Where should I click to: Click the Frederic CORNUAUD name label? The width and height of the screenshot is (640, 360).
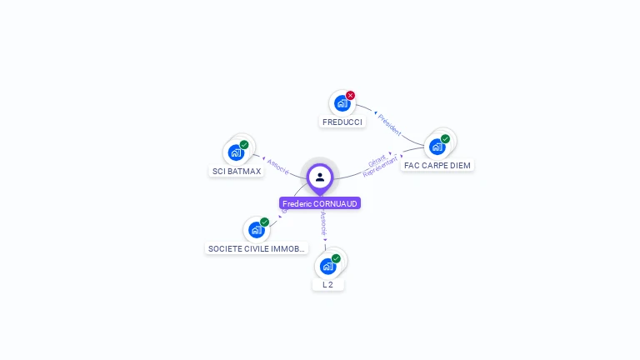[320, 203]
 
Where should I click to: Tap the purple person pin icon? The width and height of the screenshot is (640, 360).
[320, 177]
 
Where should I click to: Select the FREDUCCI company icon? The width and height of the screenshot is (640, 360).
[341, 103]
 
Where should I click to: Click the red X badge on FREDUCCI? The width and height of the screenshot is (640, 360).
[351, 95]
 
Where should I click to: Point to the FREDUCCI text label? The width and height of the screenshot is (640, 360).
[342, 122]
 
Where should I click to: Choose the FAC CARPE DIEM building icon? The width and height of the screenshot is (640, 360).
[437, 147]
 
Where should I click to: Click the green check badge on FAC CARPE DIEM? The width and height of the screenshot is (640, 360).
[446, 138]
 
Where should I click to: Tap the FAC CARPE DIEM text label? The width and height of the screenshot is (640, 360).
[437, 165]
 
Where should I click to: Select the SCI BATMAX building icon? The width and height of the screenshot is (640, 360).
[236, 153]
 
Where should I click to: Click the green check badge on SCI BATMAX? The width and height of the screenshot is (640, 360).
[244, 144]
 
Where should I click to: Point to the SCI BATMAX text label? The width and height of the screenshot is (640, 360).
[237, 171]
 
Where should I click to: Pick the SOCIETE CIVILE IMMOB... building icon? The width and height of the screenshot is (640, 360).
[256, 230]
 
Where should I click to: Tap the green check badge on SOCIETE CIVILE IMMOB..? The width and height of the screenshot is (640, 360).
[265, 222]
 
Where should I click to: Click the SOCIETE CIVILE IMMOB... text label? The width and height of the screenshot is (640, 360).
[257, 248]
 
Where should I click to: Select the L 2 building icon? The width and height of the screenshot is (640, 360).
[327, 267]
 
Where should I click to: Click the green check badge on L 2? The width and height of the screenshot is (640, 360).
[337, 258]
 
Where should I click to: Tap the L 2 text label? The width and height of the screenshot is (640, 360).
[328, 284]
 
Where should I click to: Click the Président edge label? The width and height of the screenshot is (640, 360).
[389, 124]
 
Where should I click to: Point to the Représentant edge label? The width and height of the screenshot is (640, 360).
[380, 167]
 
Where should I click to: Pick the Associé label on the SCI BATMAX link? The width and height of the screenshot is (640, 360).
[278, 166]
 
